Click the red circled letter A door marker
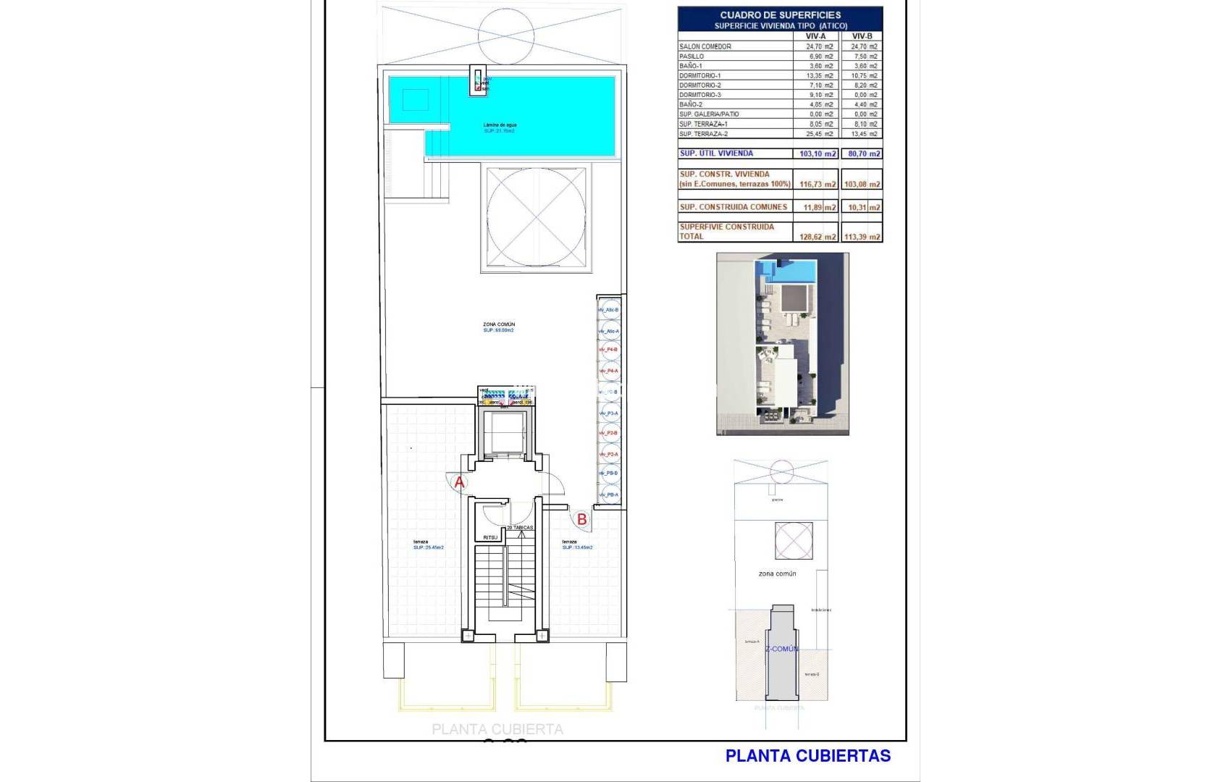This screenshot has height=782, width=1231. pyautogui.click(x=458, y=482)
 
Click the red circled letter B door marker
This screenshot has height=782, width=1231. pyautogui.click(x=581, y=518)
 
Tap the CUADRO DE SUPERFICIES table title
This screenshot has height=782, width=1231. pyautogui.click(x=780, y=14)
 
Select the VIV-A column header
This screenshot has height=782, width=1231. pyautogui.click(x=815, y=35)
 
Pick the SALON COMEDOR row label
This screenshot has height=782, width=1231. pyautogui.click(x=705, y=46)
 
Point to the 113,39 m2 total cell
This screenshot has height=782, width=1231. pyautogui.click(x=862, y=237)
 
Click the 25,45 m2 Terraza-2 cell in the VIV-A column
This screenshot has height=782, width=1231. pyautogui.click(x=820, y=134)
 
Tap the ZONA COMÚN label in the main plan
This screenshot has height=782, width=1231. pyautogui.click(x=499, y=324)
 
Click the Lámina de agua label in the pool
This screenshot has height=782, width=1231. pyautogui.click(x=500, y=125)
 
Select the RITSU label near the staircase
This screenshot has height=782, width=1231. pyautogui.click(x=490, y=537)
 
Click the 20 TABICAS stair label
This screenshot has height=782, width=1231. pyautogui.click(x=520, y=528)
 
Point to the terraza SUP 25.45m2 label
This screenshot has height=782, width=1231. pyautogui.click(x=428, y=545)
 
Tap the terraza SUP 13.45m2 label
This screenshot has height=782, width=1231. pyautogui.click(x=576, y=545)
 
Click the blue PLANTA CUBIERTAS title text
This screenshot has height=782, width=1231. pyautogui.click(x=807, y=756)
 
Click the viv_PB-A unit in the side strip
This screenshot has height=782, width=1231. pyautogui.click(x=608, y=495)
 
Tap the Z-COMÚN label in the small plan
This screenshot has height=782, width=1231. pyautogui.click(x=781, y=649)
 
